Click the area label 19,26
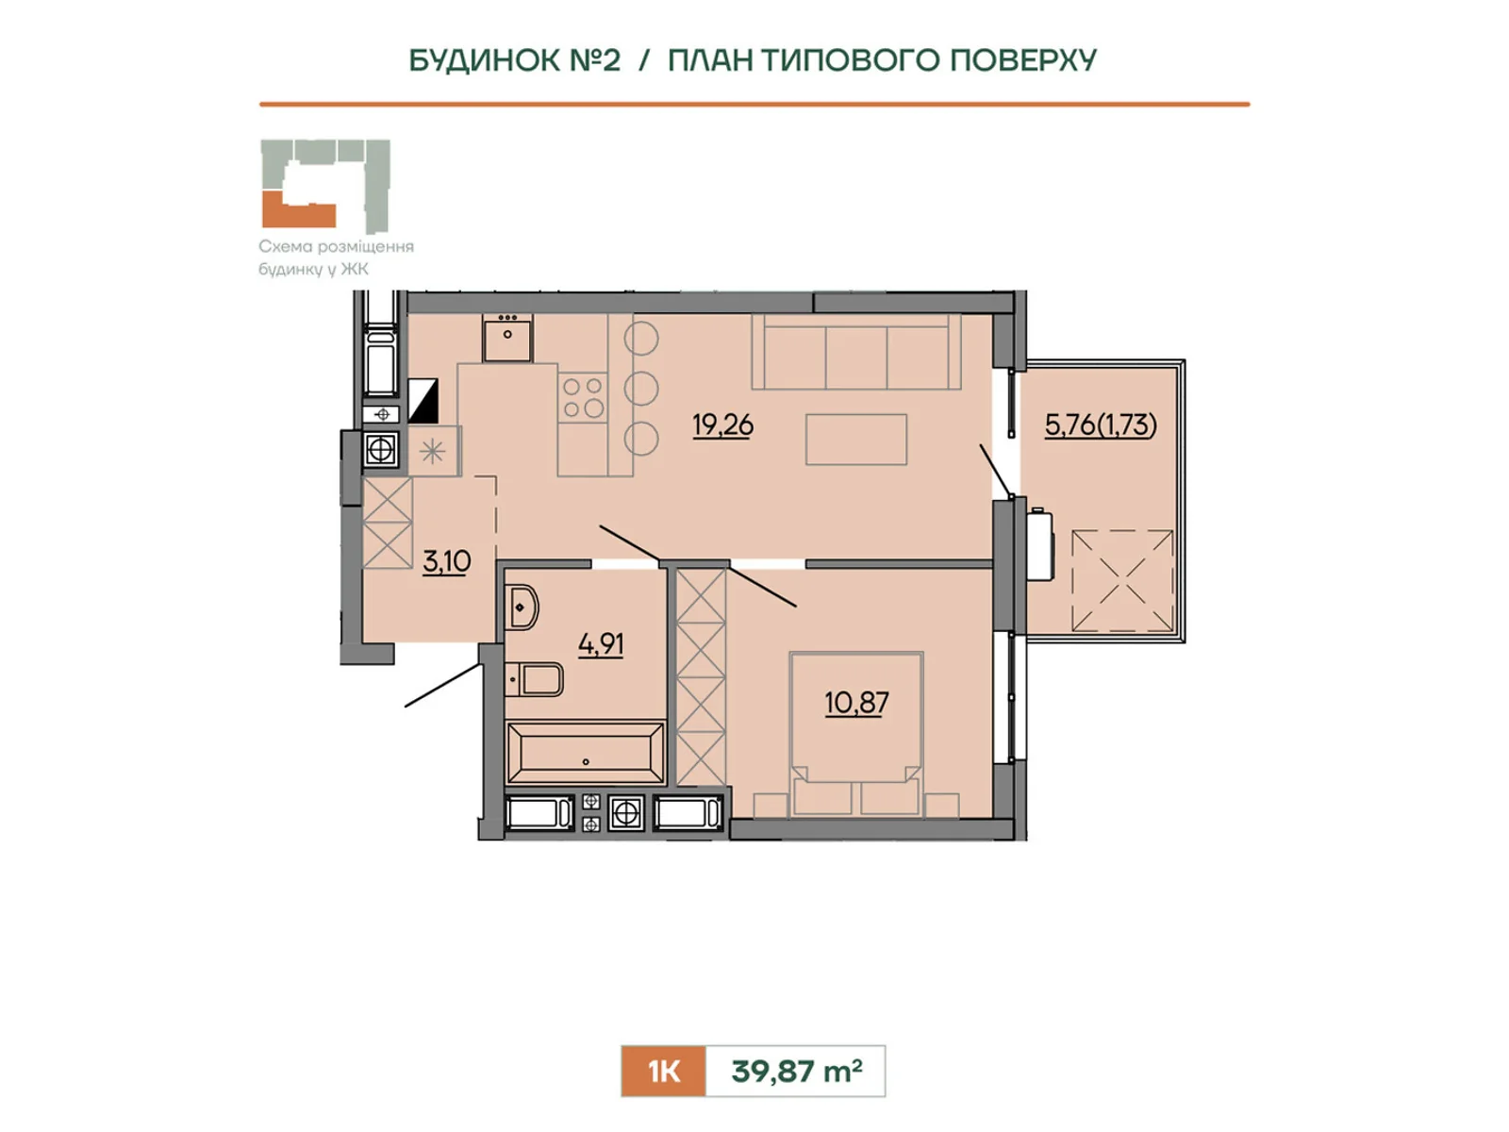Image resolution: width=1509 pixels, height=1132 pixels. tap(722, 424)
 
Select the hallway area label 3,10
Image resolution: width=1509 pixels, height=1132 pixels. tap(447, 561)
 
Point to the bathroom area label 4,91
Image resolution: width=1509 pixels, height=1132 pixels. tap(601, 644)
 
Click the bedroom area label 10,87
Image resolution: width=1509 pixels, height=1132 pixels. tap(856, 703)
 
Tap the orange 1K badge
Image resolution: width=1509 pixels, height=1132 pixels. tap(663, 1071)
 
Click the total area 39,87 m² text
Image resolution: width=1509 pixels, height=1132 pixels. tap(797, 1071)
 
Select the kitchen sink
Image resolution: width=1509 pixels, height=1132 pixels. tap(507, 338)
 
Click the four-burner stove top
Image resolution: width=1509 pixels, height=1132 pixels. tap(583, 397)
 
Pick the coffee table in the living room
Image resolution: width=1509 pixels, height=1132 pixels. tap(856, 440)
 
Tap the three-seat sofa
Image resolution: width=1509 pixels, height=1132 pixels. tap(856, 352)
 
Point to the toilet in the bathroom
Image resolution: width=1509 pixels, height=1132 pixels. tap(534, 680)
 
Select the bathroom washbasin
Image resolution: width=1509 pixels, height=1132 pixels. tap(522, 607)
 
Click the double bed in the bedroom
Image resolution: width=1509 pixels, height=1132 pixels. tap(856, 734)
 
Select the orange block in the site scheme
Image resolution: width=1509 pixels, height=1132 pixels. tap(298, 209)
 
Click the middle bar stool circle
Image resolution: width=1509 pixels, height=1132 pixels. tap(640, 389)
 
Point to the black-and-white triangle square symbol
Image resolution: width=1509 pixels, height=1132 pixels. tap(423, 400)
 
